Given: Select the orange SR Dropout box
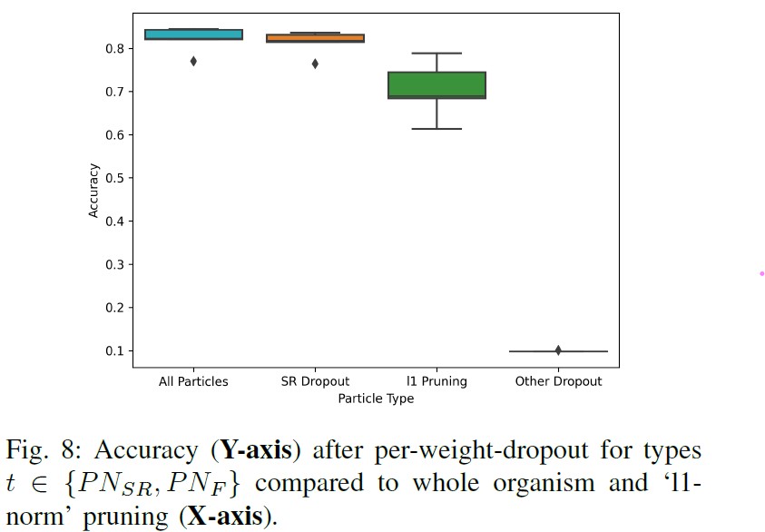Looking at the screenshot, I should point(315,38).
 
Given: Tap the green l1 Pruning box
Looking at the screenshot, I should point(436,84).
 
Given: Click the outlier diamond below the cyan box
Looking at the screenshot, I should point(193,61).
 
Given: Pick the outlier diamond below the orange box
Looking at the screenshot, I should point(315,64).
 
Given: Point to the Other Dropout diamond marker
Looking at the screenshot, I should point(558,350).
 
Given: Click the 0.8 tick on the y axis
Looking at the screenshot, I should point(116,48).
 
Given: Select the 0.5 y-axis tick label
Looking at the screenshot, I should point(116,178).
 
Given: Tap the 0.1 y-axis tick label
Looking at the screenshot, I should point(116,351).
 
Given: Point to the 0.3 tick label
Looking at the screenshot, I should point(116,265).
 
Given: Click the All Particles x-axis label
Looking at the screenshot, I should point(193,381).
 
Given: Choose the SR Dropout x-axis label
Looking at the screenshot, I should point(315,381).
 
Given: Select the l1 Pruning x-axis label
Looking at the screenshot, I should point(436,381).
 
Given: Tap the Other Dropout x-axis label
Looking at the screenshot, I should point(558,381).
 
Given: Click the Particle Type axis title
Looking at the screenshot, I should point(376,399).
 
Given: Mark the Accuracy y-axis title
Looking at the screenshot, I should point(93,190).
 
